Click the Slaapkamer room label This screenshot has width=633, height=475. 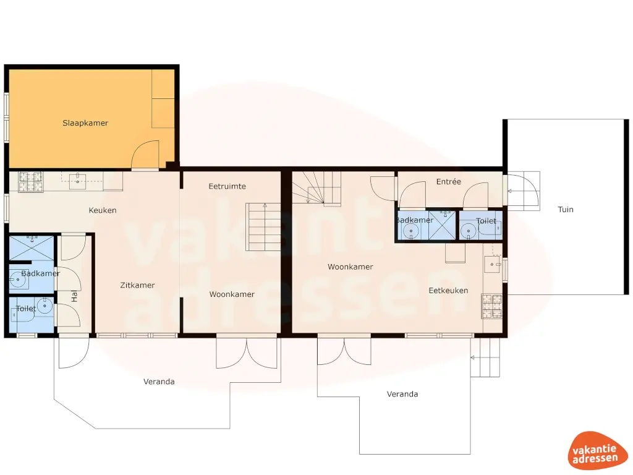coord(85,123)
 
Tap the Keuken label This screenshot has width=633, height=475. coord(103,210)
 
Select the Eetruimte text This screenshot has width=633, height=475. coord(227,186)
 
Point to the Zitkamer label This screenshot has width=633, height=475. coord(137,285)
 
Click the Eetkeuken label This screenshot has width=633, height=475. coord(448,290)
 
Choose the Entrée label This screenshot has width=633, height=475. coord(449,181)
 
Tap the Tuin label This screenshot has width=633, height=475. coord(566,209)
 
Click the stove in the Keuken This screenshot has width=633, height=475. coord(31,180)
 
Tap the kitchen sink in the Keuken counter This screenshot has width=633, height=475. coord(78,180)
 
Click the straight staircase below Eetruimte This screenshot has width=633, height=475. coord(264,226)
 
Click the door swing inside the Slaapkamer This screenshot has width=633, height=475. coord(146,155)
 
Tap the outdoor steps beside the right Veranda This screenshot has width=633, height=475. coord(486,358)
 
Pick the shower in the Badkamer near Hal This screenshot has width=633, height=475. coord(32,249)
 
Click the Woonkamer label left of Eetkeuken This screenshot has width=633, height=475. coord(350,267)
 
